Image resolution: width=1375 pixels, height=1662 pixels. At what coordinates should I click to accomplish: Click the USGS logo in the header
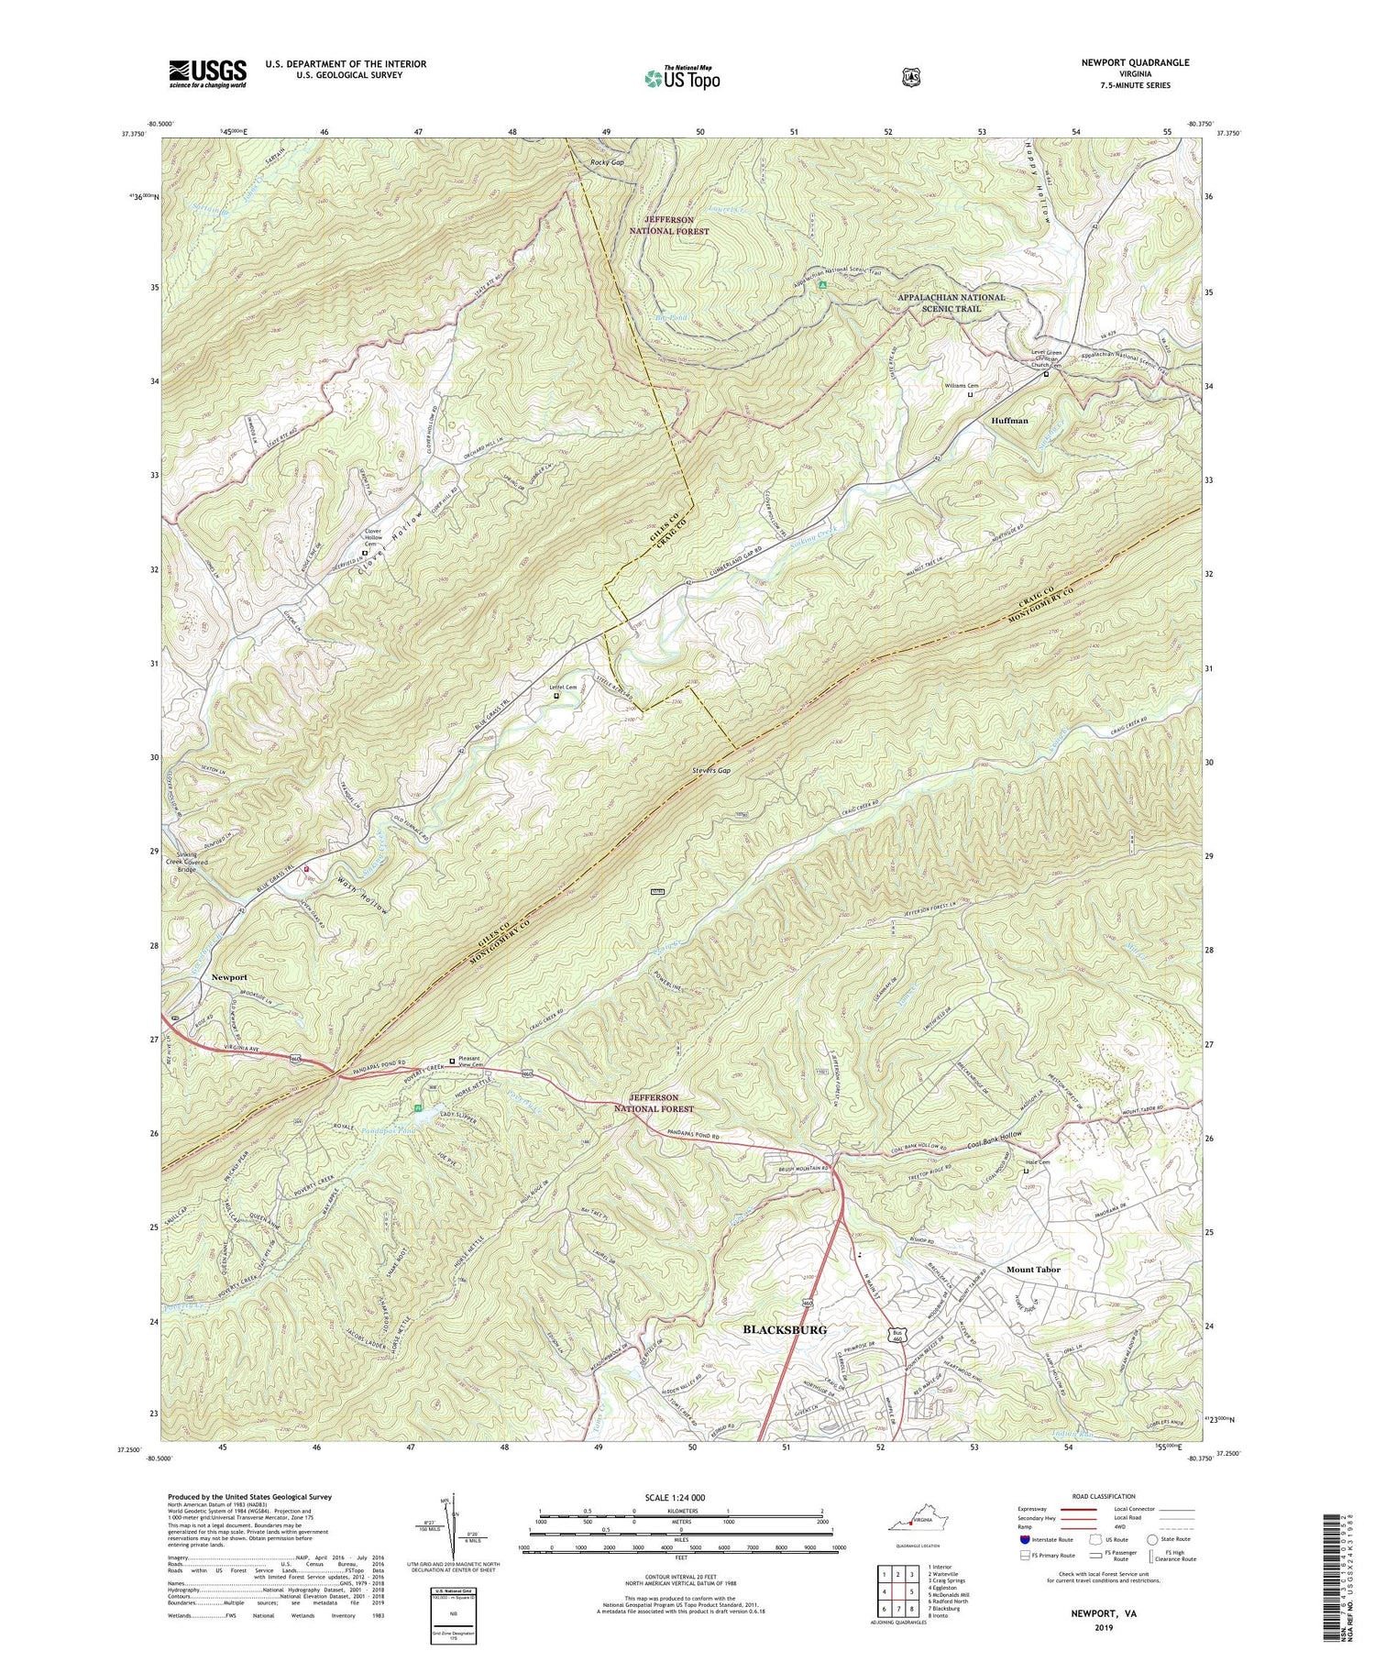click(207, 73)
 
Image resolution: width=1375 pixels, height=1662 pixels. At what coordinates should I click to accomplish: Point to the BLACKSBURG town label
click(784, 1329)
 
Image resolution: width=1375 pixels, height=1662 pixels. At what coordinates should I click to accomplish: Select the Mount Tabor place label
click(1033, 1270)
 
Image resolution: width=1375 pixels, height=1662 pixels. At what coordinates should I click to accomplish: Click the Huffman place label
click(1009, 421)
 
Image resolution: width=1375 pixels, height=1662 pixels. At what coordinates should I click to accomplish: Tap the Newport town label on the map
click(229, 977)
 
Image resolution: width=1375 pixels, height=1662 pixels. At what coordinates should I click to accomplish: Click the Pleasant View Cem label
click(476, 1062)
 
